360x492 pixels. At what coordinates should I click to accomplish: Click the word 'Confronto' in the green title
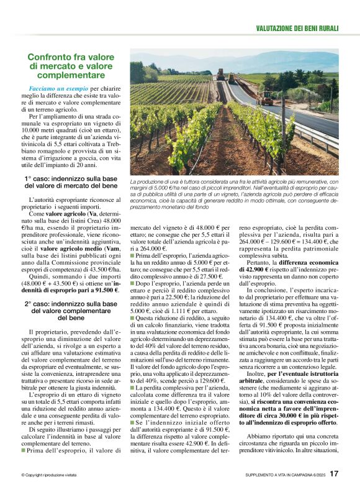50,57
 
